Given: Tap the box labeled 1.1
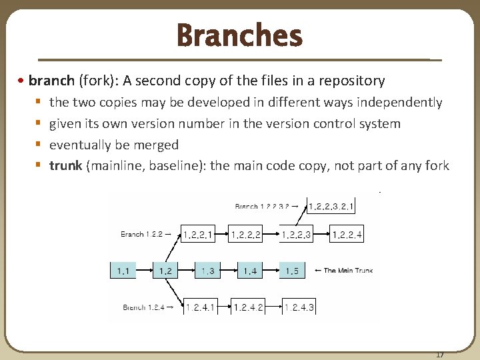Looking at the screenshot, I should pyautogui.click(x=123, y=271).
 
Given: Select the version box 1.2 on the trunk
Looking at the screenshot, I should pyautogui.click(x=165, y=271).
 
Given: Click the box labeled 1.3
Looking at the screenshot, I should pyautogui.click(x=208, y=271).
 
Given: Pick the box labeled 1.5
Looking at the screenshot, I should pyautogui.click(x=292, y=271).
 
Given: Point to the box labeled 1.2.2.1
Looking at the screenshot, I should pyautogui.click(x=198, y=234).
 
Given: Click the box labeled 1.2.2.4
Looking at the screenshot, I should pyautogui.click(x=347, y=234).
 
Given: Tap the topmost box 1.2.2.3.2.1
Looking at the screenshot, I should pyautogui.click(x=331, y=206).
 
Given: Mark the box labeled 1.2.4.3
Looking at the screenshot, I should pyautogui.click(x=299, y=307).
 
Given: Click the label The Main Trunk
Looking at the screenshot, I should pyautogui.click(x=347, y=271).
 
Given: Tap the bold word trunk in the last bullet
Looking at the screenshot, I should pyautogui.click(x=65, y=166).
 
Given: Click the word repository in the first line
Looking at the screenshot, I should pyautogui.click(x=353, y=81).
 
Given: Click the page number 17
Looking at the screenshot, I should pyautogui.click(x=439, y=354).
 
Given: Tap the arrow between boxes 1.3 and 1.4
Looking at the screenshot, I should pyautogui.click(x=229, y=271).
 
